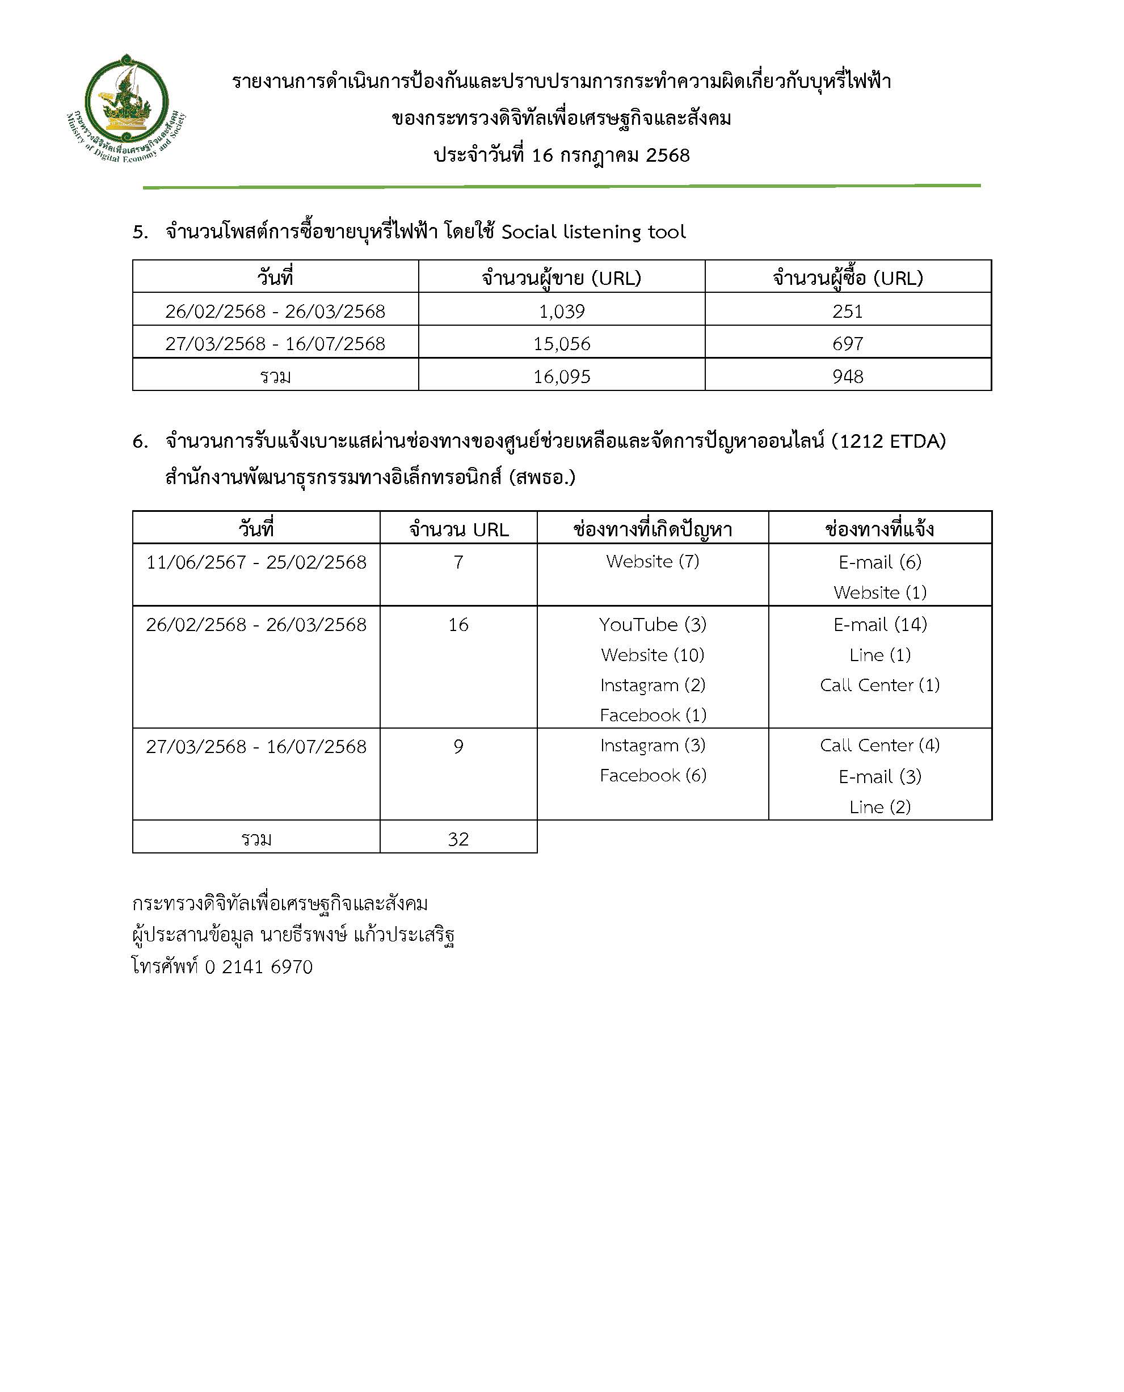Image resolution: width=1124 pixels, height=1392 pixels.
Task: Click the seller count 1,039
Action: (x=561, y=312)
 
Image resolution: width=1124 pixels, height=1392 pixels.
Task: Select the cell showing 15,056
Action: (x=561, y=344)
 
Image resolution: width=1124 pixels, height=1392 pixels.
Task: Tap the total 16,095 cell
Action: (x=561, y=377)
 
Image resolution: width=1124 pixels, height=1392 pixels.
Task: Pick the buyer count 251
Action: (x=848, y=312)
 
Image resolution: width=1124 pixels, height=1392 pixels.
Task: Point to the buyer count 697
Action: (x=848, y=344)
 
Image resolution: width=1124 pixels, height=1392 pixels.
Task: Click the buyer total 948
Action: (x=848, y=377)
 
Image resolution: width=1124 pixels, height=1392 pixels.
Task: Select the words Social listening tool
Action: (x=593, y=232)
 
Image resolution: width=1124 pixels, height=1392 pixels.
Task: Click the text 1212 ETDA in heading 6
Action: (x=889, y=441)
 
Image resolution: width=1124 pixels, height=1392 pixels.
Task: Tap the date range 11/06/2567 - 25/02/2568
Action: (x=256, y=562)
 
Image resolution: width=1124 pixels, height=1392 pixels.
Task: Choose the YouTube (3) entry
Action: (x=652, y=625)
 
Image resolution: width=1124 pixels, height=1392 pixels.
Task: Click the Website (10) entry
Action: (x=652, y=655)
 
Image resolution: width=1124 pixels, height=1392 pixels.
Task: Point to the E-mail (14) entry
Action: (x=880, y=625)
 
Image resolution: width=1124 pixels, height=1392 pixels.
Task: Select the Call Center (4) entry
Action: (x=880, y=745)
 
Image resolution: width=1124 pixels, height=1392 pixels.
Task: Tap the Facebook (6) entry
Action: (x=652, y=776)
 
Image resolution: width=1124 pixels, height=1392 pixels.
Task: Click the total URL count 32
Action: (x=458, y=839)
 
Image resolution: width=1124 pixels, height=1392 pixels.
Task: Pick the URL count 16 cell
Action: (x=458, y=625)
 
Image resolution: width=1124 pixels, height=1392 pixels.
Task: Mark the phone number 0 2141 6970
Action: (x=259, y=966)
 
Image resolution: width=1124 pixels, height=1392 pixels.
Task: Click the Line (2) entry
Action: (x=880, y=807)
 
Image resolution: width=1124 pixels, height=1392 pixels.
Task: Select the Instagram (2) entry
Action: (x=652, y=685)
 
